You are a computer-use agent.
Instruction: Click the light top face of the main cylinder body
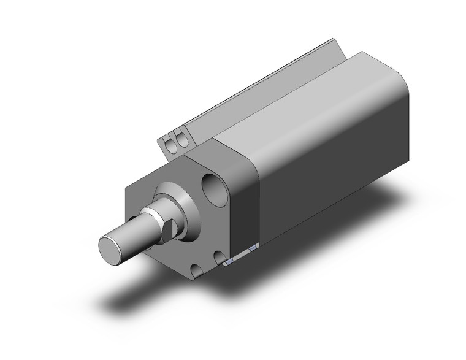(x=307, y=98)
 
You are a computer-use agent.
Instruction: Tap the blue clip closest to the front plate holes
(x=230, y=261)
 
